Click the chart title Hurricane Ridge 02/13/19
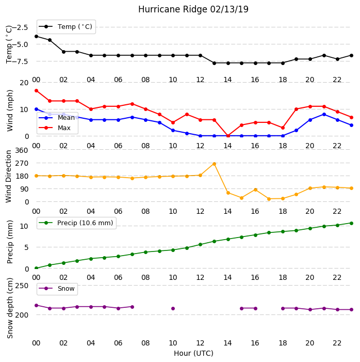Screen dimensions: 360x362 coord(193,9)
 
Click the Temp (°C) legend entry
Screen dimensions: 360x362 coord(66,27)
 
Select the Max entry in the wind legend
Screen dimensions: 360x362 coord(55,128)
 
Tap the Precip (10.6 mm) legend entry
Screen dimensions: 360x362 coord(76,223)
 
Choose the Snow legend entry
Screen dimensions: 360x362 coord(57,289)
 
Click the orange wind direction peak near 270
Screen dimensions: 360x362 coord(214,164)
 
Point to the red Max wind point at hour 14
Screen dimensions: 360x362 coord(228,136)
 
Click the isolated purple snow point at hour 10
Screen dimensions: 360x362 coord(173,308)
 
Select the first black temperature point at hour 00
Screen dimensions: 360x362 coord(36,36)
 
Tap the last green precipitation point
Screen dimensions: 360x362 coord(351,223)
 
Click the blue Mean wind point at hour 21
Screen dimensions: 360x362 coord(324,114)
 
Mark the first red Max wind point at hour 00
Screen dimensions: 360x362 coord(36,90)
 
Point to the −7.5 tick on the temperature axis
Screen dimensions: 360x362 coord(20,61)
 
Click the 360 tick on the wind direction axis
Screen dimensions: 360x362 coord(22,150)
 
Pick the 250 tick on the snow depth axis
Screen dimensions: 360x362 coord(22,286)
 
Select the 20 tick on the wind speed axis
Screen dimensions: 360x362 coord(24,83)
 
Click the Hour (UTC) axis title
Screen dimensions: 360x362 coord(193,353)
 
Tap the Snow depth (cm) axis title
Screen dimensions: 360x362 coord(10,308)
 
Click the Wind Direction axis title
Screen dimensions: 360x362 coord(9,177)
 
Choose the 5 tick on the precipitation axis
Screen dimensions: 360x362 coord(26,247)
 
